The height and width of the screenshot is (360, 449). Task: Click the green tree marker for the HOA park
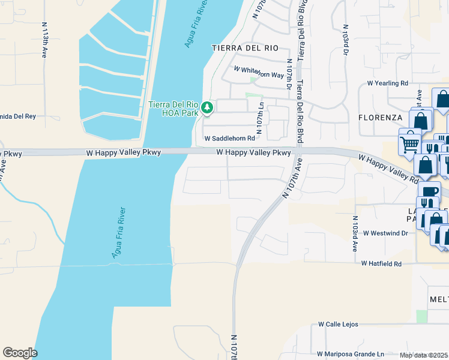208,108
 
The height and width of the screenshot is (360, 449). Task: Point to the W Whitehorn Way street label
259,72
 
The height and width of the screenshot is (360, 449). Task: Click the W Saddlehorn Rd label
230,138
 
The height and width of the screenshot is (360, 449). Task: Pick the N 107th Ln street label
261,118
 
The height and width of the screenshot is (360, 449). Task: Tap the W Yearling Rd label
388,83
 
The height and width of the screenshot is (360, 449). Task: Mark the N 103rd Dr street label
346,40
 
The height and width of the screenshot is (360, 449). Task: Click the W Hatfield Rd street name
381,263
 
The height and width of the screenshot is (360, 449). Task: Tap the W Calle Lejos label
338,324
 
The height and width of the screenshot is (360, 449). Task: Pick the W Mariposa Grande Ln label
351,354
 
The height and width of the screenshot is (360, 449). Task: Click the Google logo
20,353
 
